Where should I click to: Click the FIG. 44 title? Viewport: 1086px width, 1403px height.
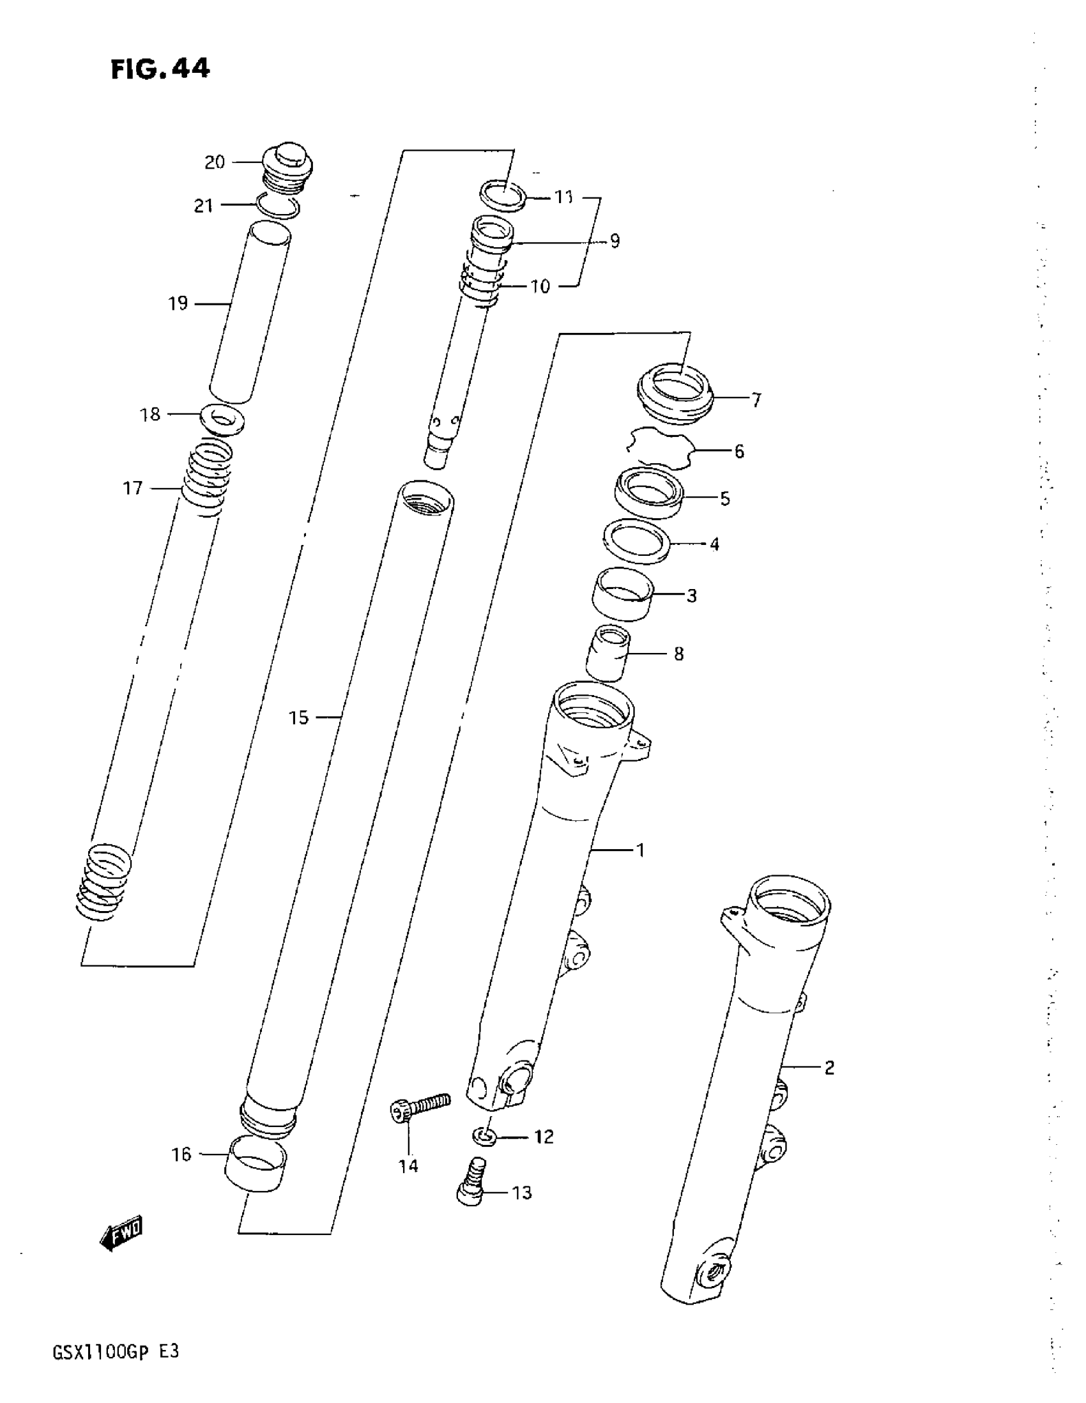coord(160,69)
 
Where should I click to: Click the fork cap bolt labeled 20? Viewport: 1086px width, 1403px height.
coord(287,167)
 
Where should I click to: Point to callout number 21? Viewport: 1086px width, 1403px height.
coord(203,206)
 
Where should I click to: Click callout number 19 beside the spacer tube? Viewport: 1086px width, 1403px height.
coord(178,303)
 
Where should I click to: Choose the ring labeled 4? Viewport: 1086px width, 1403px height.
coord(636,540)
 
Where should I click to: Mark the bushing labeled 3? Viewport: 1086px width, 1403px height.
coord(622,594)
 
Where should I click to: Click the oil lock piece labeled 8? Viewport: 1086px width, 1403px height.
coord(607,653)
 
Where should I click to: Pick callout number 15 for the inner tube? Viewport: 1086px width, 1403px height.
coord(298,717)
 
